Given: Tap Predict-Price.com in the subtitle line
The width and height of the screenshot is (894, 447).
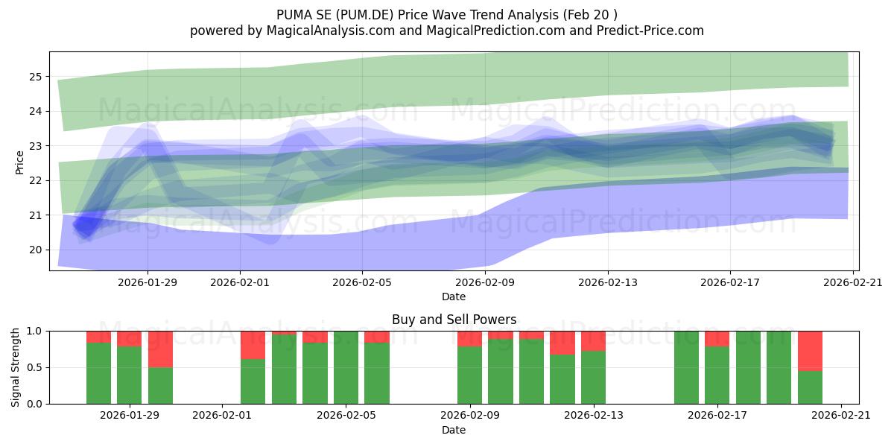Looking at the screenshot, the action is [x=650, y=31].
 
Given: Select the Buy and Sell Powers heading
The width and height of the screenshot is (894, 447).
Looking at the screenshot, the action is [x=454, y=320].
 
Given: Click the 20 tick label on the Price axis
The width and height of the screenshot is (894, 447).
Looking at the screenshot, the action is [x=36, y=250].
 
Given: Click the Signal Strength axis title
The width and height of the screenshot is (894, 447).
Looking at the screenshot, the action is [x=15, y=367].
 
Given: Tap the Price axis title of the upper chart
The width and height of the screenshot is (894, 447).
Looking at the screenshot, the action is [x=19, y=163].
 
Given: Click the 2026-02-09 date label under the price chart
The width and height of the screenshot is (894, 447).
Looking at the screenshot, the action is [x=485, y=282].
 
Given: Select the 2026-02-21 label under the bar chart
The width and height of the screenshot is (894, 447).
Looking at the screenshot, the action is [x=841, y=415].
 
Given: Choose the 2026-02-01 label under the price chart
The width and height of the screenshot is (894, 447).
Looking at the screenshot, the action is [x=240, y=282].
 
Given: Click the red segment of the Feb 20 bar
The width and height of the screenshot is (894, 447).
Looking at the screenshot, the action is [x=810, y=351].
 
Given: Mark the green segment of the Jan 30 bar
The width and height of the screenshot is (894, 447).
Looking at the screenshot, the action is [x=160, y=386].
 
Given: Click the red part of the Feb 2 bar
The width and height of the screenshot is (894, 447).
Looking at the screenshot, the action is [x=253, y=345].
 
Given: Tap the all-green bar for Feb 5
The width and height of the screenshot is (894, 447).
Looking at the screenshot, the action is [x=346, y=367].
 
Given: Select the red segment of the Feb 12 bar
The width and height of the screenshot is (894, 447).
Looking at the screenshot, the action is [x=562, y=343].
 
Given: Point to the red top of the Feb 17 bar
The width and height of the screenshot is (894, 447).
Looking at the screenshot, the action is [x=717, y=339].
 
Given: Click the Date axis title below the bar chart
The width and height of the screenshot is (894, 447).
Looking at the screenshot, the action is [x=454, y=430].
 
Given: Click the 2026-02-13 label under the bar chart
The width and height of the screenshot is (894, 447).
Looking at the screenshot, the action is [x=594, y=415].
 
